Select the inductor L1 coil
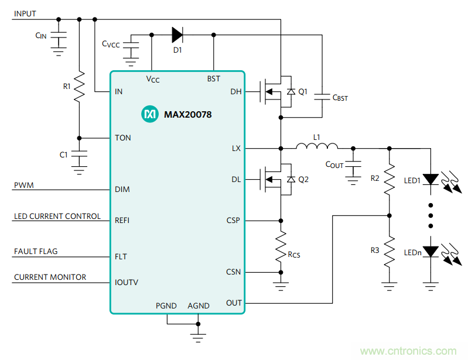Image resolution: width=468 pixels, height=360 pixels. coord(317,147)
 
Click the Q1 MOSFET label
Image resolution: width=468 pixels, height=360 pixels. coord(303,92)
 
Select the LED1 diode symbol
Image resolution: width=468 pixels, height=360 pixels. coord(431,179)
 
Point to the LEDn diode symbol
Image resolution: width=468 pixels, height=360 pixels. coord(431,251)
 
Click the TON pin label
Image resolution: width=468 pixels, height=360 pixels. coord(123,138)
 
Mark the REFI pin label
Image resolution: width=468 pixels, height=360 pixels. coord(122,221)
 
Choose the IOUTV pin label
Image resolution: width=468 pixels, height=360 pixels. coord(127,282)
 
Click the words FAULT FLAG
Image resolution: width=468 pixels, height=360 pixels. coord(36,252)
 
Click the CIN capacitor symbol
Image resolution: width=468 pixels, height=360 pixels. coord(58,36)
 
